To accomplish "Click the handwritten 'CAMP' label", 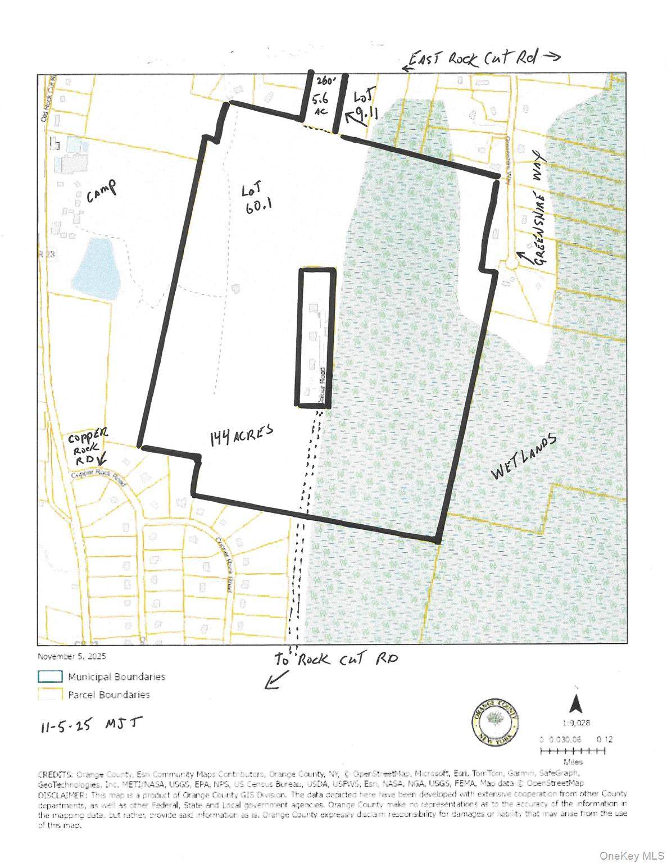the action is coord(102,191).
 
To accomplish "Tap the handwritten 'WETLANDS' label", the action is coord(524,458).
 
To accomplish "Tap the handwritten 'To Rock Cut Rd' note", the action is coord(335,659).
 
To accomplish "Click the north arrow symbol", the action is coord(575,702).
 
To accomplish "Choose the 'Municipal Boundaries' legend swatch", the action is coord(50,676).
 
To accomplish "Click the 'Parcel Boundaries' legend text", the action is coord(109,694).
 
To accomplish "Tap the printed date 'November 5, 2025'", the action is coord(71,656).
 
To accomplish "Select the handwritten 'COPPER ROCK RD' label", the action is coord(87,447).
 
